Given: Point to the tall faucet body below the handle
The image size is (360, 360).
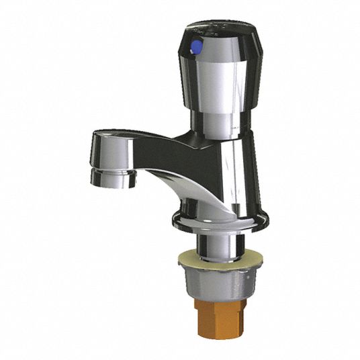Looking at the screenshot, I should (225, 171).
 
